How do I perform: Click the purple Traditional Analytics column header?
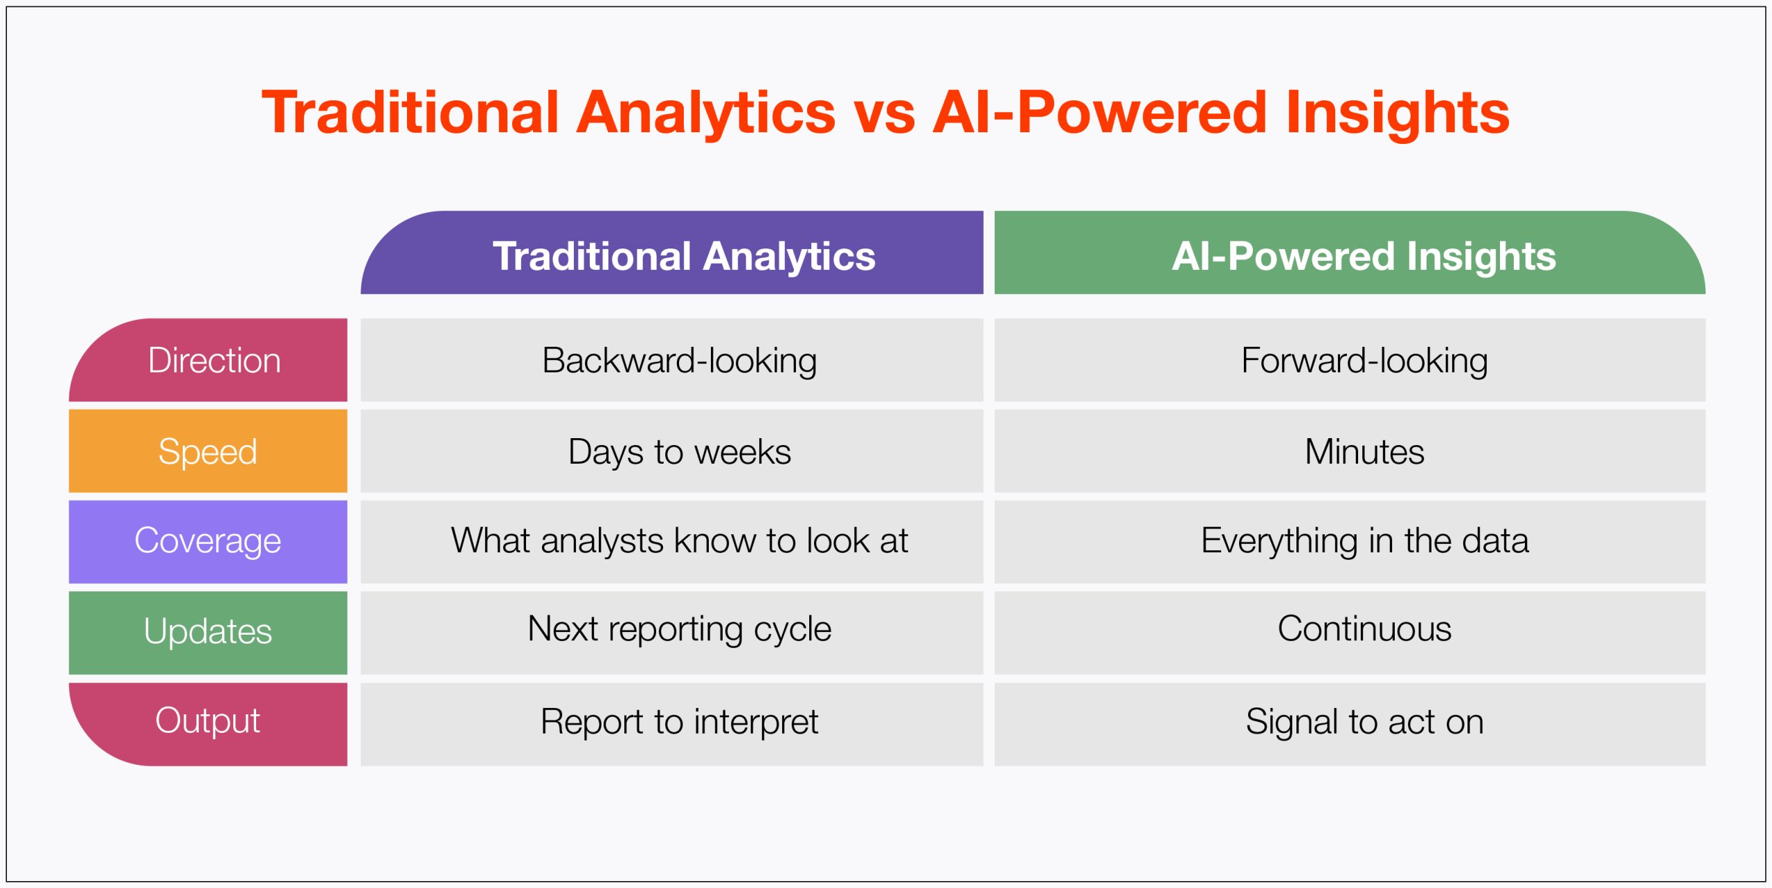671,253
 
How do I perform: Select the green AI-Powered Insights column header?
1350,253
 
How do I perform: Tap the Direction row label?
208,360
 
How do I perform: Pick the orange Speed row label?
208,451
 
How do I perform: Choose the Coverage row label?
208,542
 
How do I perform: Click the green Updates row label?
208,633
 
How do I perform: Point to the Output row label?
208,724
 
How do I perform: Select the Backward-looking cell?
671,360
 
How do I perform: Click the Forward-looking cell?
1350,360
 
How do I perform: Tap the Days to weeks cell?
671,451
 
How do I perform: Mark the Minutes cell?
1350,451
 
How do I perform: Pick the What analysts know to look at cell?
671,542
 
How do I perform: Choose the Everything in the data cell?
1350,542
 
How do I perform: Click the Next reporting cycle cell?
671,633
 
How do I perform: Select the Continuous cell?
1350,633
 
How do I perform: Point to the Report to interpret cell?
671,724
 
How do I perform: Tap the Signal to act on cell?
1350,724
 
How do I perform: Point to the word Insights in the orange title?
1398,115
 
